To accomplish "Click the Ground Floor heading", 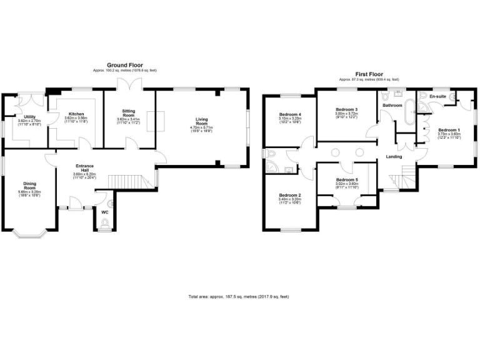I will point(125,65).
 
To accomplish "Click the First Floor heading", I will point(369,73).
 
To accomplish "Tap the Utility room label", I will point(29,117).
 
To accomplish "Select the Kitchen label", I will point(76,114).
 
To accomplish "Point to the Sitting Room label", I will point(128,113).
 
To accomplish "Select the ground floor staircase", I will point(131,181).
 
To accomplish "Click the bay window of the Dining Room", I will point(29,235).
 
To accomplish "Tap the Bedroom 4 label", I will point(290,114).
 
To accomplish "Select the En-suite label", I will point(437,97).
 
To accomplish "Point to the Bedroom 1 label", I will point(448,129).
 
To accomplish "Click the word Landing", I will point(394,157).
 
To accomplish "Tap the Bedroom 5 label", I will point(347,179).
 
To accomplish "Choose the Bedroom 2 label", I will point(290,195).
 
